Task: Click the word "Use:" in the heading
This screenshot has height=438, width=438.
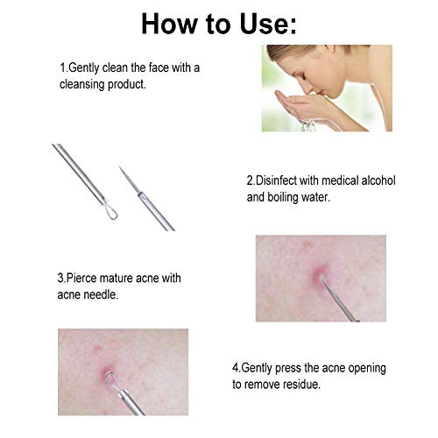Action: pos(268,24)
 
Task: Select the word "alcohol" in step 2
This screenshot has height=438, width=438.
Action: pos(378,180)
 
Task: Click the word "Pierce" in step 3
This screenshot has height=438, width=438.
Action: pos(81,278)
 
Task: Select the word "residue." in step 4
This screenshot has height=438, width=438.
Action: pos(302,385)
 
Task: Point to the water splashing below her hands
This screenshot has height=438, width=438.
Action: pos(308,125)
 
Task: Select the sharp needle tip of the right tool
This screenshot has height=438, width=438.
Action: pos(119,166)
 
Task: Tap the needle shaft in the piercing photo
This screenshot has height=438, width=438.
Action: pos(340,300)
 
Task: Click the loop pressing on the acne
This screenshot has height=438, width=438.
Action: pos(111,380)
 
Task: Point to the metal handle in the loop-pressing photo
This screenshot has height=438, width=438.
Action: pos(130,401)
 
